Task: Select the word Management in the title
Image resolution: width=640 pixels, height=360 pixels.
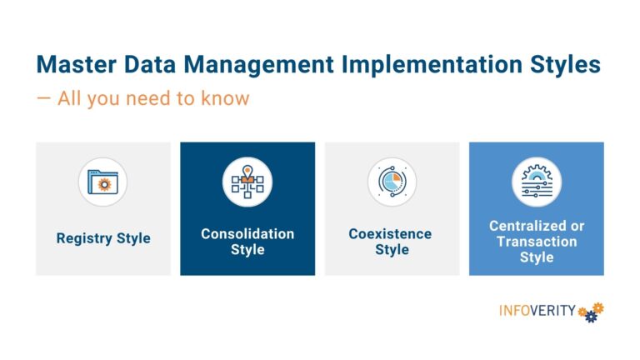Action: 257,64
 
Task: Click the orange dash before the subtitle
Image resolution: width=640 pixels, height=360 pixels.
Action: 42,98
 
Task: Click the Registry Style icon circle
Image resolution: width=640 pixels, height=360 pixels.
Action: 103,182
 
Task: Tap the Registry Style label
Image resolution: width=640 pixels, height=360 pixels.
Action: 103,238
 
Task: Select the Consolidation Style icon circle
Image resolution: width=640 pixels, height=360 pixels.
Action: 247,182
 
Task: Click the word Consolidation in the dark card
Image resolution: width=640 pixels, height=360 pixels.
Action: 247,234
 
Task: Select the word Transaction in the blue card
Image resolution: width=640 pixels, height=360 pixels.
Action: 537,242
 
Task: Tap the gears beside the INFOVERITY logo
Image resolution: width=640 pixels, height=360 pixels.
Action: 591,312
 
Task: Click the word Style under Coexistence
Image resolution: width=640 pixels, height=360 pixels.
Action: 391,250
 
